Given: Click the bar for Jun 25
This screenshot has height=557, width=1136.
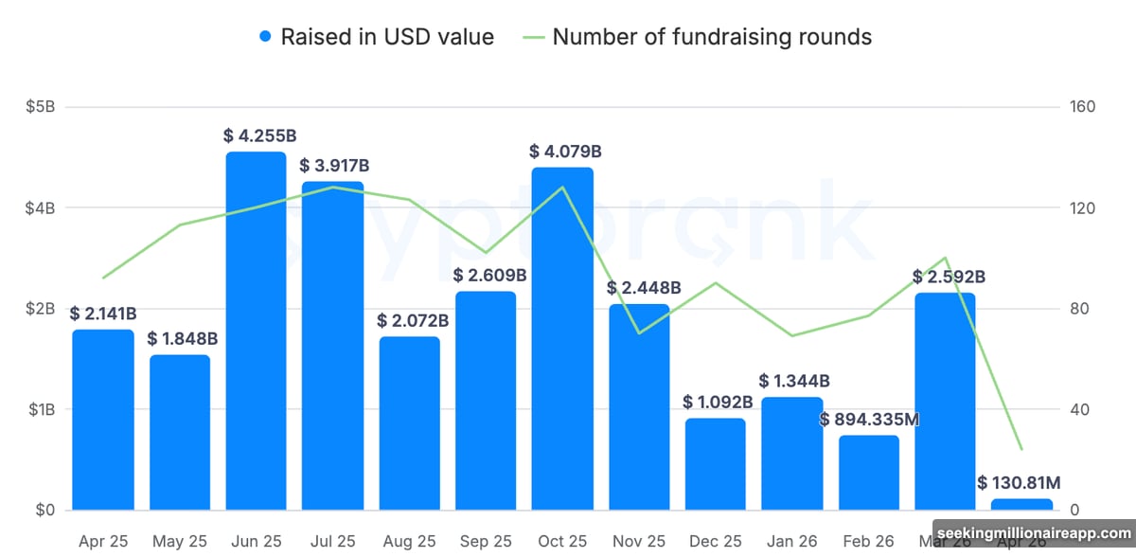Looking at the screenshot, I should (x=256, y=332).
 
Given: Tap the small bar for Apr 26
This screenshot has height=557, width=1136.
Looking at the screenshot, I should (x=1021, y=505).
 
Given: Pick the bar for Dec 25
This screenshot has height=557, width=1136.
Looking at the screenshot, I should (x=715, y=464).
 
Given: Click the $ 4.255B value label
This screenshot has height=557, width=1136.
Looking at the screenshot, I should (x=256, y=135).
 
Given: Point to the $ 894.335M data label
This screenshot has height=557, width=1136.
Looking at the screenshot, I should (x=870, y=419).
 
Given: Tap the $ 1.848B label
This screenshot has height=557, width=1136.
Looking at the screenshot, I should (x=183, y=339).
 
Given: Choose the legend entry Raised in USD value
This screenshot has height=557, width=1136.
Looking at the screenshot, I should (x=387, y=38).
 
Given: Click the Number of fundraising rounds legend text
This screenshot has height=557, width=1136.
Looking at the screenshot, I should (x=712, y=38).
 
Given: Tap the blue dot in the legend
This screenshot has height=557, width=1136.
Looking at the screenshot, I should (x=265, y=38).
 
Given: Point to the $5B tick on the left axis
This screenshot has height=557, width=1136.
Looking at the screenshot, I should (x=41, y=107).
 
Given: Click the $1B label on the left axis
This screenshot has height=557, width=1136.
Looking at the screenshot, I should (x=41, y=410).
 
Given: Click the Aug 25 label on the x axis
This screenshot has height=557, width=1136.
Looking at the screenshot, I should (x=409, y=542).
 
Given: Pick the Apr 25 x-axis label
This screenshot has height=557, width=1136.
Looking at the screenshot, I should (x=103, y=542).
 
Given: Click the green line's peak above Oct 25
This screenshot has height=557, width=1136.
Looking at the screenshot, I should (x=563, y=187).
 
